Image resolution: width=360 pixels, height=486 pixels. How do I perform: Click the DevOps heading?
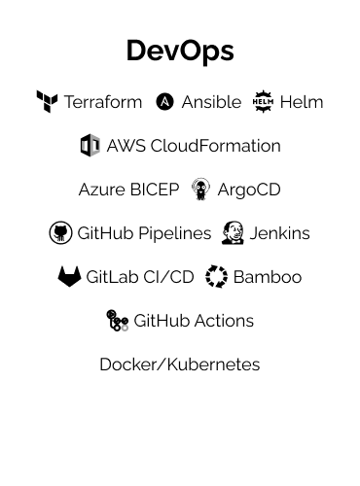click(x=180, y=51)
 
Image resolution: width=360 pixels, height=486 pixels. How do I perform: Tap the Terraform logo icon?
click(x=47, y=101)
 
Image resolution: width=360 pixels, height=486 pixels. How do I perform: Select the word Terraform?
click(x=103, y=102)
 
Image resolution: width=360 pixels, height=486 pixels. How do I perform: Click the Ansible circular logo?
click(x=165, y=102)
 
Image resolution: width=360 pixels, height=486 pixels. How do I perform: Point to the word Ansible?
click(x=211, y=102)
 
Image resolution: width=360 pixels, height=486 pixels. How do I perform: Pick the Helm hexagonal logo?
click(x=263, y=101)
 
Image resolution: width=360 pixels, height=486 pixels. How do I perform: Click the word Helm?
click(x=302, y=102)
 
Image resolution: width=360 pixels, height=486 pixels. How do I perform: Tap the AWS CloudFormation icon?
click(x=90, y=146)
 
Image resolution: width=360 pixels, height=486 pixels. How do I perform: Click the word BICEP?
click(x=155, y=190)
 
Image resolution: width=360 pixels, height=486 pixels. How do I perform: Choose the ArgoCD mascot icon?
click(x=200, y=189)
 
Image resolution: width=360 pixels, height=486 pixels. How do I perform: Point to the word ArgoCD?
click(x=249, y=190)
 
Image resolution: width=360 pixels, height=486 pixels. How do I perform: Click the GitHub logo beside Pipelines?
click(x=60, y=233)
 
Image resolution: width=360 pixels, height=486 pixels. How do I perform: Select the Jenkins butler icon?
click(x=233, y=233)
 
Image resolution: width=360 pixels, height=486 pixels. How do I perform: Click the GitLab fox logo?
click(x=69, y=277)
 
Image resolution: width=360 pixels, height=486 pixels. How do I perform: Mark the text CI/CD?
click(x=167, y=277)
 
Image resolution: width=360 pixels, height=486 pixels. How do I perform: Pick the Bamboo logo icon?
click(x=216, y=277)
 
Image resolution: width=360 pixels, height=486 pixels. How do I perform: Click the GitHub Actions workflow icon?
click(x=117, y=321)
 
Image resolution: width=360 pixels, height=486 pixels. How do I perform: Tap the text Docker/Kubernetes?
click(x=180, y=364)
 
